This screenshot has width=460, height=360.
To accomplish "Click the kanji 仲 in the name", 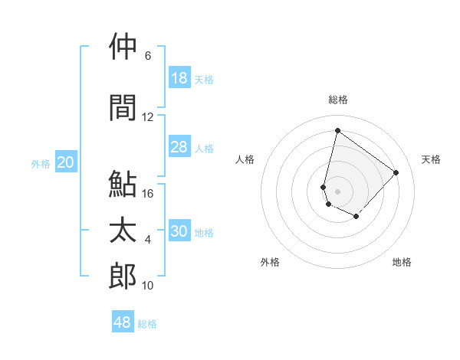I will (x=123, y=47).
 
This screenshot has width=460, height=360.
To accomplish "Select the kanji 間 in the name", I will (x=123, y=108).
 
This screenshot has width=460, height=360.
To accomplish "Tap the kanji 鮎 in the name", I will (x=123, y=185).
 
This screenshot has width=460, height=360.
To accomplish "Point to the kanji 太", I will (x=123, y=231).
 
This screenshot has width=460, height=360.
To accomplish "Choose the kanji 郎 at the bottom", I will (x=123, y=277).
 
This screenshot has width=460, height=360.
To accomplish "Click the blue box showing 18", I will (x=179, y=78).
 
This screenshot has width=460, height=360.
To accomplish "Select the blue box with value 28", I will (x=179, y=147).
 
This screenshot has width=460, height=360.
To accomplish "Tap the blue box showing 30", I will (x=179, y=231).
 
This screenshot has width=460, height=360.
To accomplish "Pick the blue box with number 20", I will (x=66, y=162).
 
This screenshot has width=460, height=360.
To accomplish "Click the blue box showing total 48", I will (x=123, y=322).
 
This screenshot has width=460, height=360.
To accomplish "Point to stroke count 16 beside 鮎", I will (x=148, y=194).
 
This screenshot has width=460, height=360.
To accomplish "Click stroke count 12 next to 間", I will (x=148, y=117).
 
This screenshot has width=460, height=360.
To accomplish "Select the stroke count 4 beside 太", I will (x=148, y=240).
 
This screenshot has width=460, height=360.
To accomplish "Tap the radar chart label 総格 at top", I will (x=338, y=100).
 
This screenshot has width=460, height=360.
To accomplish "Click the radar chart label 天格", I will (x=432, y=159).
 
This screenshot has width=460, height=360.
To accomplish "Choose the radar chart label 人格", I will (x=245, y=159).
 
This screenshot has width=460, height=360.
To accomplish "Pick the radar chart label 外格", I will (x=270, y=263).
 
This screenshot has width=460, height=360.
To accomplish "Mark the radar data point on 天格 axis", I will (x=396, y=172).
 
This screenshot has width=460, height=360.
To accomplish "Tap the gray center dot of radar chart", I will (x=338, y=191).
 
